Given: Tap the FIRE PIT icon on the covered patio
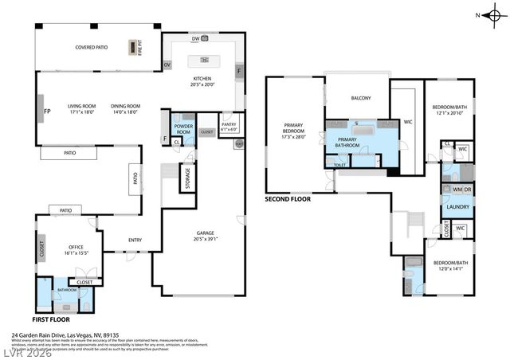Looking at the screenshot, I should coord(132,47).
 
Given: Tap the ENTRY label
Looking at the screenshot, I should coord(135,240).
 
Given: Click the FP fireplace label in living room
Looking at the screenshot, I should coord(47,111).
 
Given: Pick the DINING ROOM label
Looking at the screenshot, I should coord(125,108).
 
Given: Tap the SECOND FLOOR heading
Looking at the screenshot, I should coord(288,199).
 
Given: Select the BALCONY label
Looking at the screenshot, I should coord(362,98).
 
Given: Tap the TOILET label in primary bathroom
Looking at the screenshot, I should coord(340,165).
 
